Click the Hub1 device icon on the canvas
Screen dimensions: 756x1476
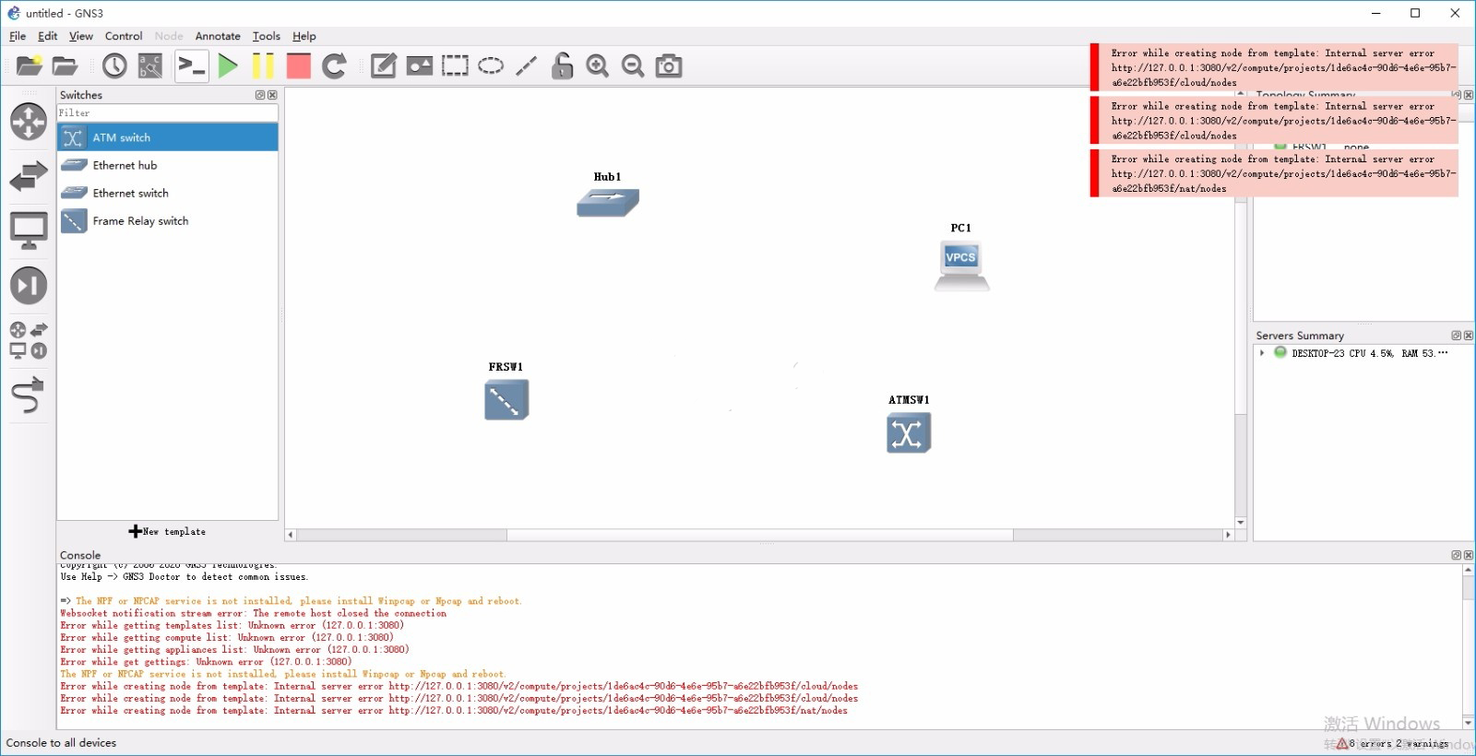point(607,202)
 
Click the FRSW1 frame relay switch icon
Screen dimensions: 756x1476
point(506,400)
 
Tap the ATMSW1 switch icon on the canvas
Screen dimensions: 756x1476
point(908,433)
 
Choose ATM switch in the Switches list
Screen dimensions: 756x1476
point(121,137)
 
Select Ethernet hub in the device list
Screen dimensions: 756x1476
point(125,165)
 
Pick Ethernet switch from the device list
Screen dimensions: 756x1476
point(130,193)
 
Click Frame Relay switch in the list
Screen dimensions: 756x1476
point(140,220)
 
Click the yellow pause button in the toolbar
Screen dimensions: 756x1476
point(263,65)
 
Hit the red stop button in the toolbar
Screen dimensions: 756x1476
point(298,65)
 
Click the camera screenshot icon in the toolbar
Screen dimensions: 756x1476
point(669,65)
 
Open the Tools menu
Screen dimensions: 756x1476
point(266,36)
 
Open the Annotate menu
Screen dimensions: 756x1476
point(218,36)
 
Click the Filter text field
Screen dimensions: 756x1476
point(166,112)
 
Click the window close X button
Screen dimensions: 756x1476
point(1455,13)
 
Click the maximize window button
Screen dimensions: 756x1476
point(1415,13)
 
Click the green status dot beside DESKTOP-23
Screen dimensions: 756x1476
point(1280,352)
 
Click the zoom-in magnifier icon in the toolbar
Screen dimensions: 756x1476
point(598,65)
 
